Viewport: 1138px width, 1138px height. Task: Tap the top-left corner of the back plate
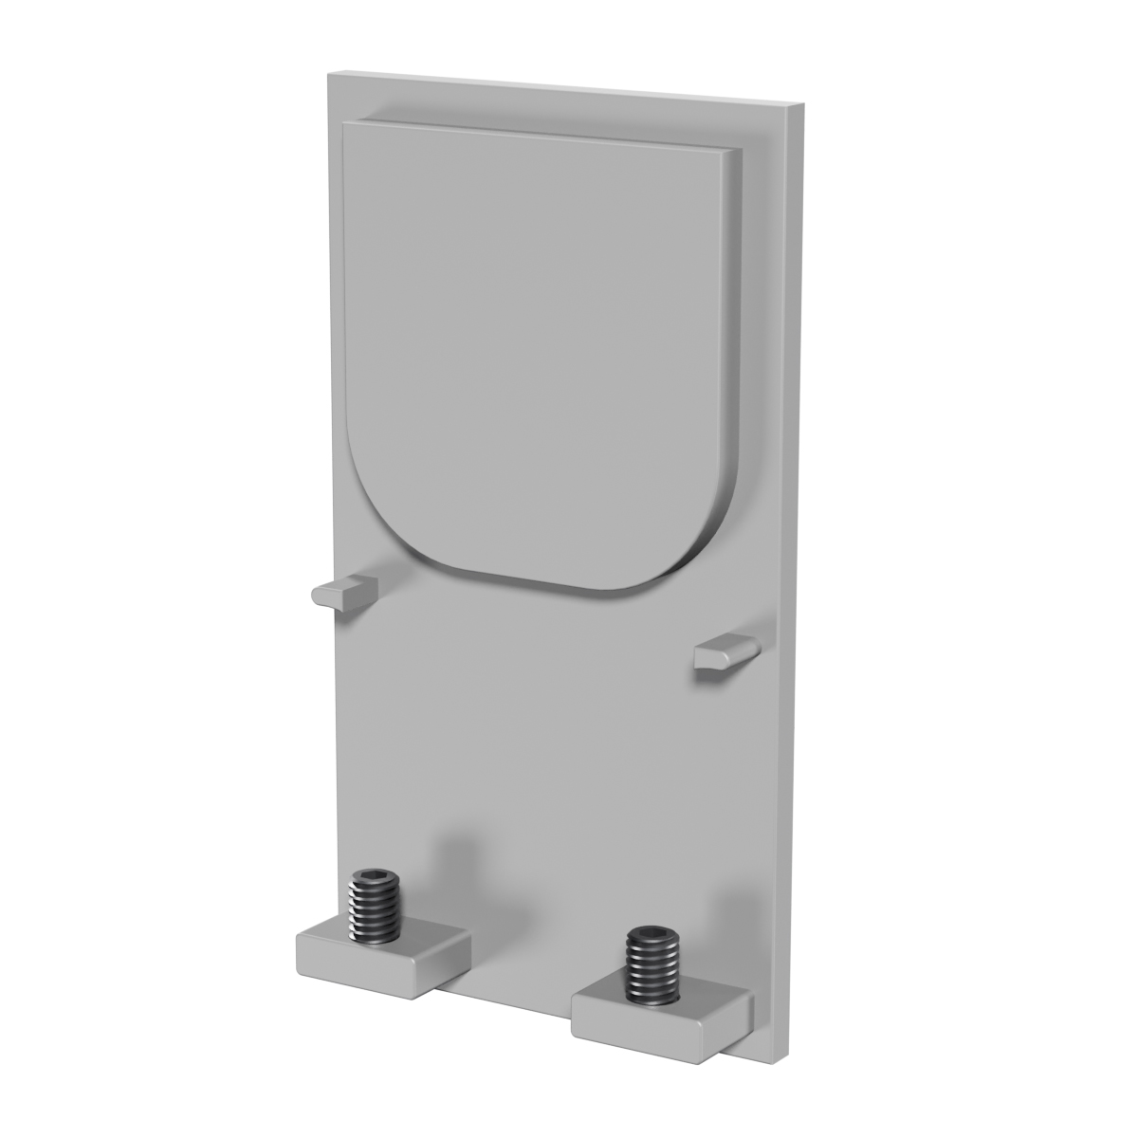point(328,73)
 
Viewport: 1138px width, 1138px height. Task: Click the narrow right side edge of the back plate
point(794,569)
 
